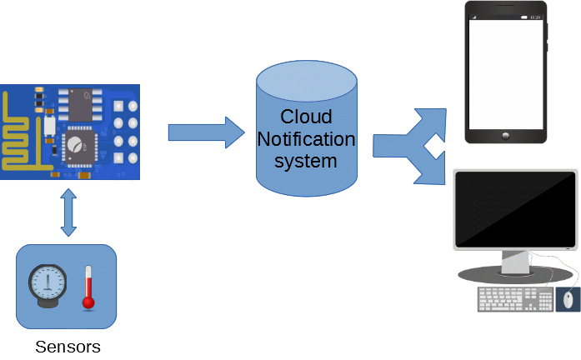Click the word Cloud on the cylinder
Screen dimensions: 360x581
pyautogui.click(x=306, y=117)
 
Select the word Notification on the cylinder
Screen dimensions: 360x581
pyautogui.click(x=306, y=138)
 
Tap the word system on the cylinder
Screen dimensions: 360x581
pyautogui.click(x=306, y=160)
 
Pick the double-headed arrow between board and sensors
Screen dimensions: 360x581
pyautogui.click(x=68, y=212)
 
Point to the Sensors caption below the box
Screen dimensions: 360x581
pyautogui.click(x=68, y=346)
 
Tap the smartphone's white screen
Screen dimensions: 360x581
pyautogui.click(x=505, y=73)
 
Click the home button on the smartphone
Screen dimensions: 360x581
pyautogui.click(x=505, y=136)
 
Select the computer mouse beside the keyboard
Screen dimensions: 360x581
pyautogui.click(x=568, y=300)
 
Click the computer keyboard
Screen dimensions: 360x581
pyautogui.click(x=515, y=300)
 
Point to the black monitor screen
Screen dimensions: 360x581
pyautogui.click(x=515, y=208)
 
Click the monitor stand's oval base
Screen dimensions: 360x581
pyautogui.click(x=504, y=274)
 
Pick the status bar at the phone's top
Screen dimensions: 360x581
pyautogui.click(x=505, y=16)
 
